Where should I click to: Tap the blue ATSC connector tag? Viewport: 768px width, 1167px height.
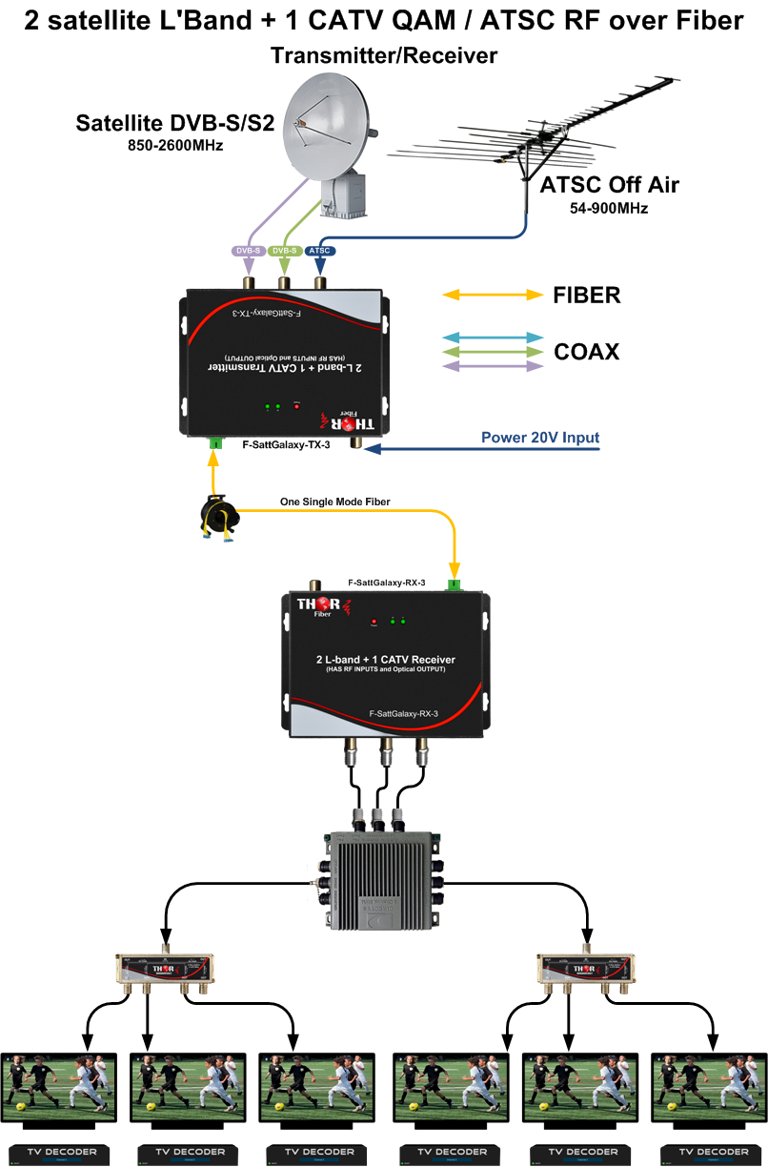(320, 251)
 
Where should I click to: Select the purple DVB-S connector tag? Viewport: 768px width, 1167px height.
(247, 251)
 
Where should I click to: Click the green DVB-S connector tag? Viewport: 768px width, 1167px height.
(284, 251)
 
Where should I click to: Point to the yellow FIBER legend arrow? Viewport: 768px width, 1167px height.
(492, 296)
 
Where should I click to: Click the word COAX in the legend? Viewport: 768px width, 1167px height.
(586, 352)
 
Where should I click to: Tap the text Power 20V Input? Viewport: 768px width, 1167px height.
(540, 439)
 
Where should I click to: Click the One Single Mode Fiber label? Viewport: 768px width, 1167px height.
(334, 502)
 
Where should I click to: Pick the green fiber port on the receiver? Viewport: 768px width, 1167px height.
(455, 585)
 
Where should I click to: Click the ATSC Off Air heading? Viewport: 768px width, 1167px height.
(610, 185)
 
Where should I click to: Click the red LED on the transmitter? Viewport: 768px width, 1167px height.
(296, 406)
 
